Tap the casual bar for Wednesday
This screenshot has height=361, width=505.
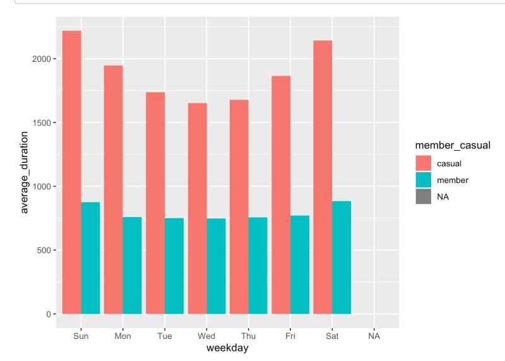pyautogui.click(x=197, y=208)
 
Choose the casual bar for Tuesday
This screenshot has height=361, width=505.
pyautogui.click(x=155, y=203)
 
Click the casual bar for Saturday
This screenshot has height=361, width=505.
pyautogui.click(x=323, y=177)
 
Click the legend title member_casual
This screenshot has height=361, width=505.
pyautogui.click(x=448, y=146)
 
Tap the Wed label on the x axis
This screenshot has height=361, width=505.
pyautogui.click(x=206, y=336)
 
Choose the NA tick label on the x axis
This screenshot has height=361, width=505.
pyautogui.click(x=374, y=336)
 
